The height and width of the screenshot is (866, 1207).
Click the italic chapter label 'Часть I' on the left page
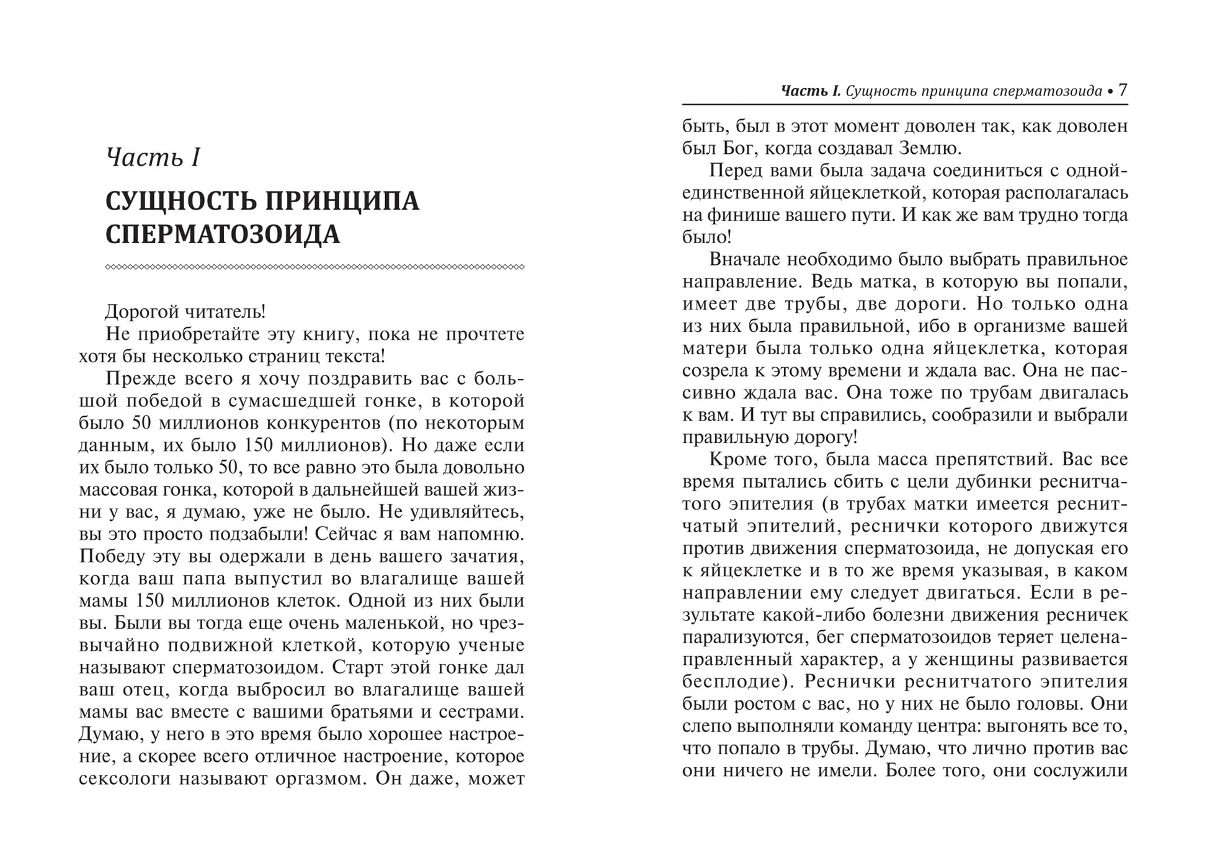(153, 158)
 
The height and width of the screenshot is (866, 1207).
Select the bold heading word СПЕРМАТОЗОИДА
(223, 235)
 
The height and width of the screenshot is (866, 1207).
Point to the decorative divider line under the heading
(314, 267)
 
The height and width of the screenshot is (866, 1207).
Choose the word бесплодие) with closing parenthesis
(738, 682)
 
